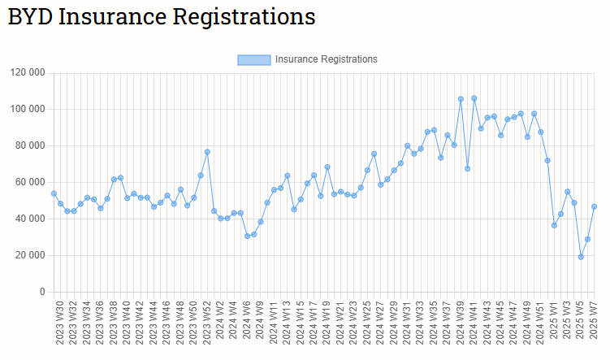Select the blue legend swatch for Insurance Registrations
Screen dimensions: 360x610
point(253,59)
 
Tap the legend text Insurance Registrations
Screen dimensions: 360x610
point(326,59)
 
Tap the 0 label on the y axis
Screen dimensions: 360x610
point(42,292)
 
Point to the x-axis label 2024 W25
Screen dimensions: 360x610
point(367,324)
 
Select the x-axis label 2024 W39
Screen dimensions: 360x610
point(461,324)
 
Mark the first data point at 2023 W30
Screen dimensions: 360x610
point(54,193)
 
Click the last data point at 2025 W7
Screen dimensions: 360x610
point(594,206)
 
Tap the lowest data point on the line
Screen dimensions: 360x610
point(581,257)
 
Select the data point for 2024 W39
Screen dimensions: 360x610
point(461,99)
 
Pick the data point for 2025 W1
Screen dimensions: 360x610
point(554,225)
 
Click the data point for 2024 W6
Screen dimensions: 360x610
point(247,236)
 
